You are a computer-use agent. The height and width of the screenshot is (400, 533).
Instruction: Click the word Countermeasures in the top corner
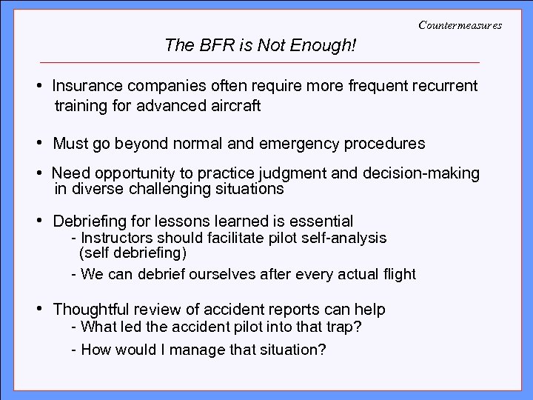[x=460, y=25]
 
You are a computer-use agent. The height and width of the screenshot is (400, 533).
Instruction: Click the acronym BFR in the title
[x=209, y=46]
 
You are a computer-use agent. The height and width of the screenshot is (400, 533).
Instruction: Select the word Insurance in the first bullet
[x=82, y=86]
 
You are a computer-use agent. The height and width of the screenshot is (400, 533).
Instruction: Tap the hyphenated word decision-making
[x=422, y=174]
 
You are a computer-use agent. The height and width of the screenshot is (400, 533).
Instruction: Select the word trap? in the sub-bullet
[x=343, y=327]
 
